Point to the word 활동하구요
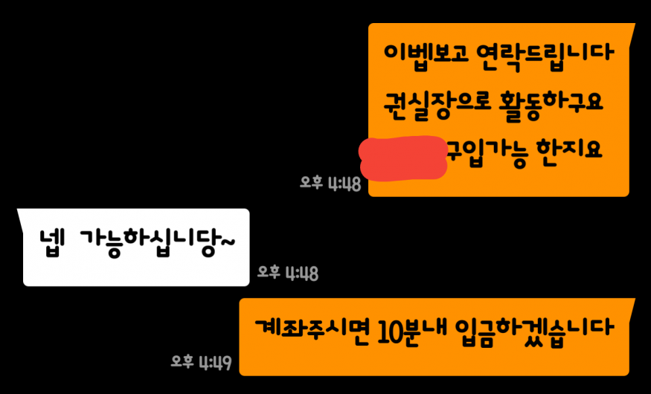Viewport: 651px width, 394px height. pyautogui.click(x=555, y=101)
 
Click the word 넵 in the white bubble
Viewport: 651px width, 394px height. pyautogui.click(x=53, y=243)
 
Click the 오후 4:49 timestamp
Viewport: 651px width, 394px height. pyautogui.click(x=201, y=363)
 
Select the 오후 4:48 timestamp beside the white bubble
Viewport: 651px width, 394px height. pyautogui.click(x=288, y=273)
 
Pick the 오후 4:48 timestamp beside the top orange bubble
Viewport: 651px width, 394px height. pyautogui.click(x=330, y=183)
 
